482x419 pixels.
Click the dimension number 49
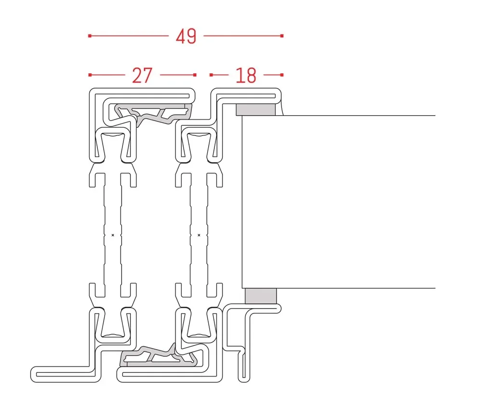[x=186, y=36]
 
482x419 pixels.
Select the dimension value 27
[x=142, y=75]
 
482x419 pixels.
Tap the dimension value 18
[x=246, y=75]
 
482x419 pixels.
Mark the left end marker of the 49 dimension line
[x=90, y=36]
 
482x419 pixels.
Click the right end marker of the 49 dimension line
[x=282, y=36]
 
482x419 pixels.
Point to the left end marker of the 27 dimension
[x=90, y=75]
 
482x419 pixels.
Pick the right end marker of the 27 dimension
[x=195, y=75]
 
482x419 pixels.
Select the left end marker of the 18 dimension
[x=211, y=75]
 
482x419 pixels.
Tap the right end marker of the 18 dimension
[x=282, y=75]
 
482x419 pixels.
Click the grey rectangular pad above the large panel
[x=255, y=109]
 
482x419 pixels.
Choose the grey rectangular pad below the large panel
[x=260, y=296]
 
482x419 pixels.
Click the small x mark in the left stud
[x=113, y=235]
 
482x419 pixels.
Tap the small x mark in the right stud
[x=199, y=235]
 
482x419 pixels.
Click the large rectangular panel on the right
[x=337, y=203]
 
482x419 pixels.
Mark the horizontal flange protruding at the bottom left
[x=63, y=374]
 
